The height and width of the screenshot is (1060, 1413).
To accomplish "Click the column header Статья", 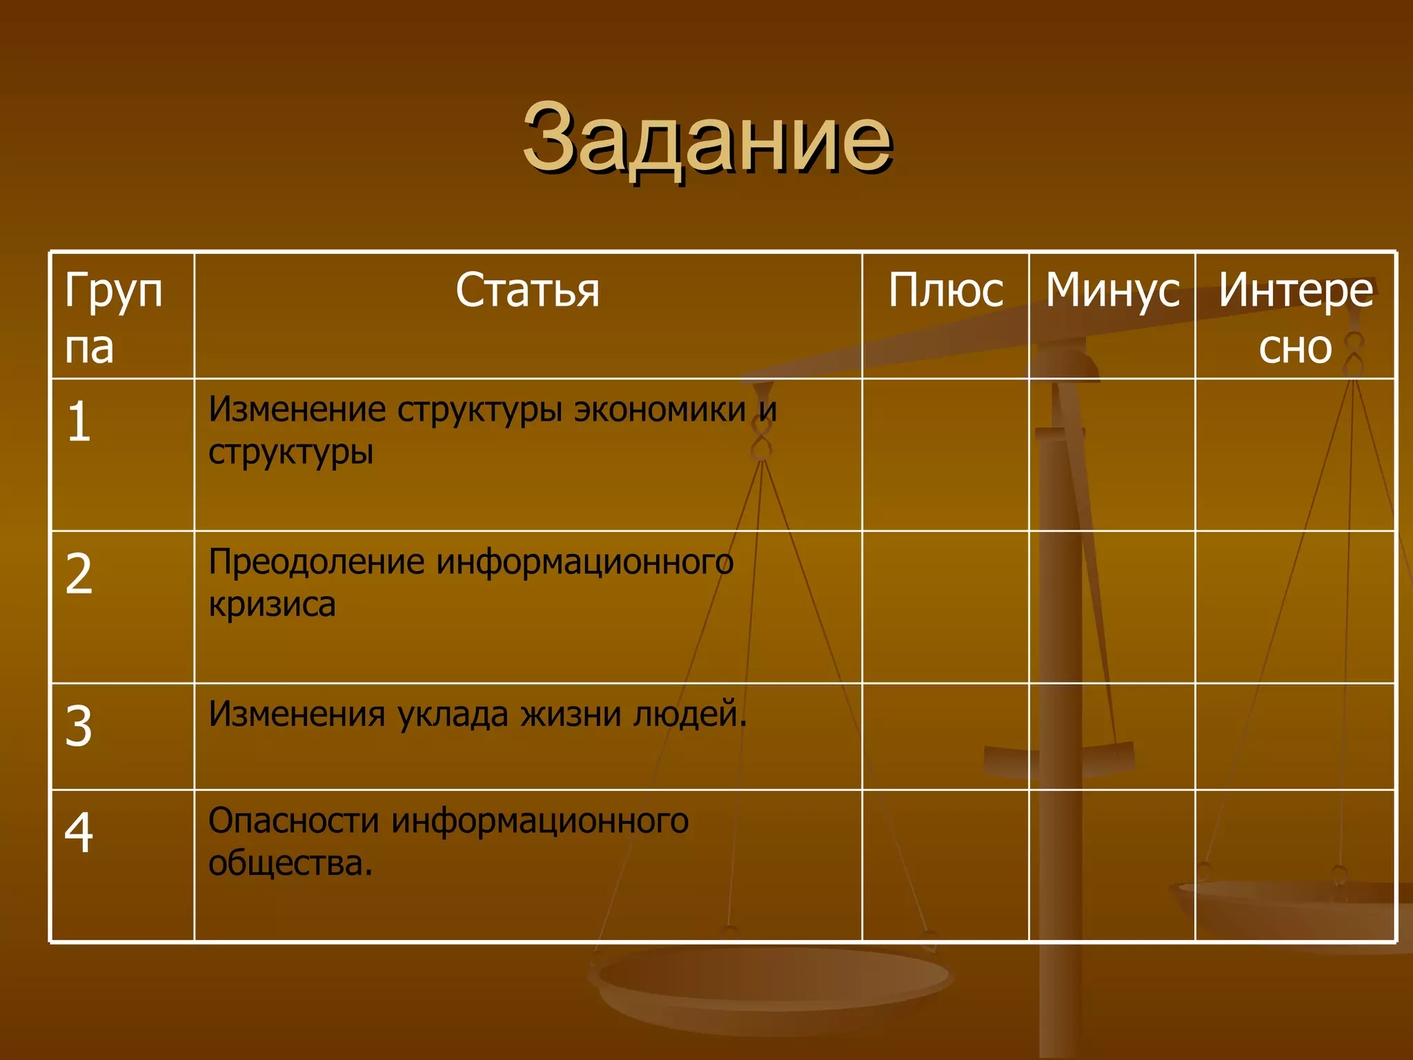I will click(x=528, y=290).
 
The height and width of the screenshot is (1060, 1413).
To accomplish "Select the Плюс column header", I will click(x=945, y=290).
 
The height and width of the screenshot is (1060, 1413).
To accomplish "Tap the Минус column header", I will click(x=1112, y=290).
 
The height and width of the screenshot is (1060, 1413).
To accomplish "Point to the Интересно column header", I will click(x=1296, y=317).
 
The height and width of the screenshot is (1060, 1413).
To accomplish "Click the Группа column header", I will click(x=114, y=317).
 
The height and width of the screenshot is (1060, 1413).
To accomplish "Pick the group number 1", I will click(x=79, y=422).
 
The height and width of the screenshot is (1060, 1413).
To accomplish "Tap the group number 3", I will click(x=79, y=726).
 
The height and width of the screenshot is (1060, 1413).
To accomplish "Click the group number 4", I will click(x=79, y=832).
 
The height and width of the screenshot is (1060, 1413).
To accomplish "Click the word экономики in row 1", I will click(x=660, y=409).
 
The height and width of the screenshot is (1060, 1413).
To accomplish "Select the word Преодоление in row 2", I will click(x=317, y=562).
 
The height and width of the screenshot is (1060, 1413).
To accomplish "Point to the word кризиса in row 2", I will click(x=272, y=605).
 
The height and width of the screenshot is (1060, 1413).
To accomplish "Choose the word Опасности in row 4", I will click(x=294, y=821).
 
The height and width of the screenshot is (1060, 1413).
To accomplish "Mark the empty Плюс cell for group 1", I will click(x=945, y=455).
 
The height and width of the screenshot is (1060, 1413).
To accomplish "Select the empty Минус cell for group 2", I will click(x=1112, y=607).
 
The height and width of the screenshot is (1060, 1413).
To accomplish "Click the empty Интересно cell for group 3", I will click(x=1296, y=736).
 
